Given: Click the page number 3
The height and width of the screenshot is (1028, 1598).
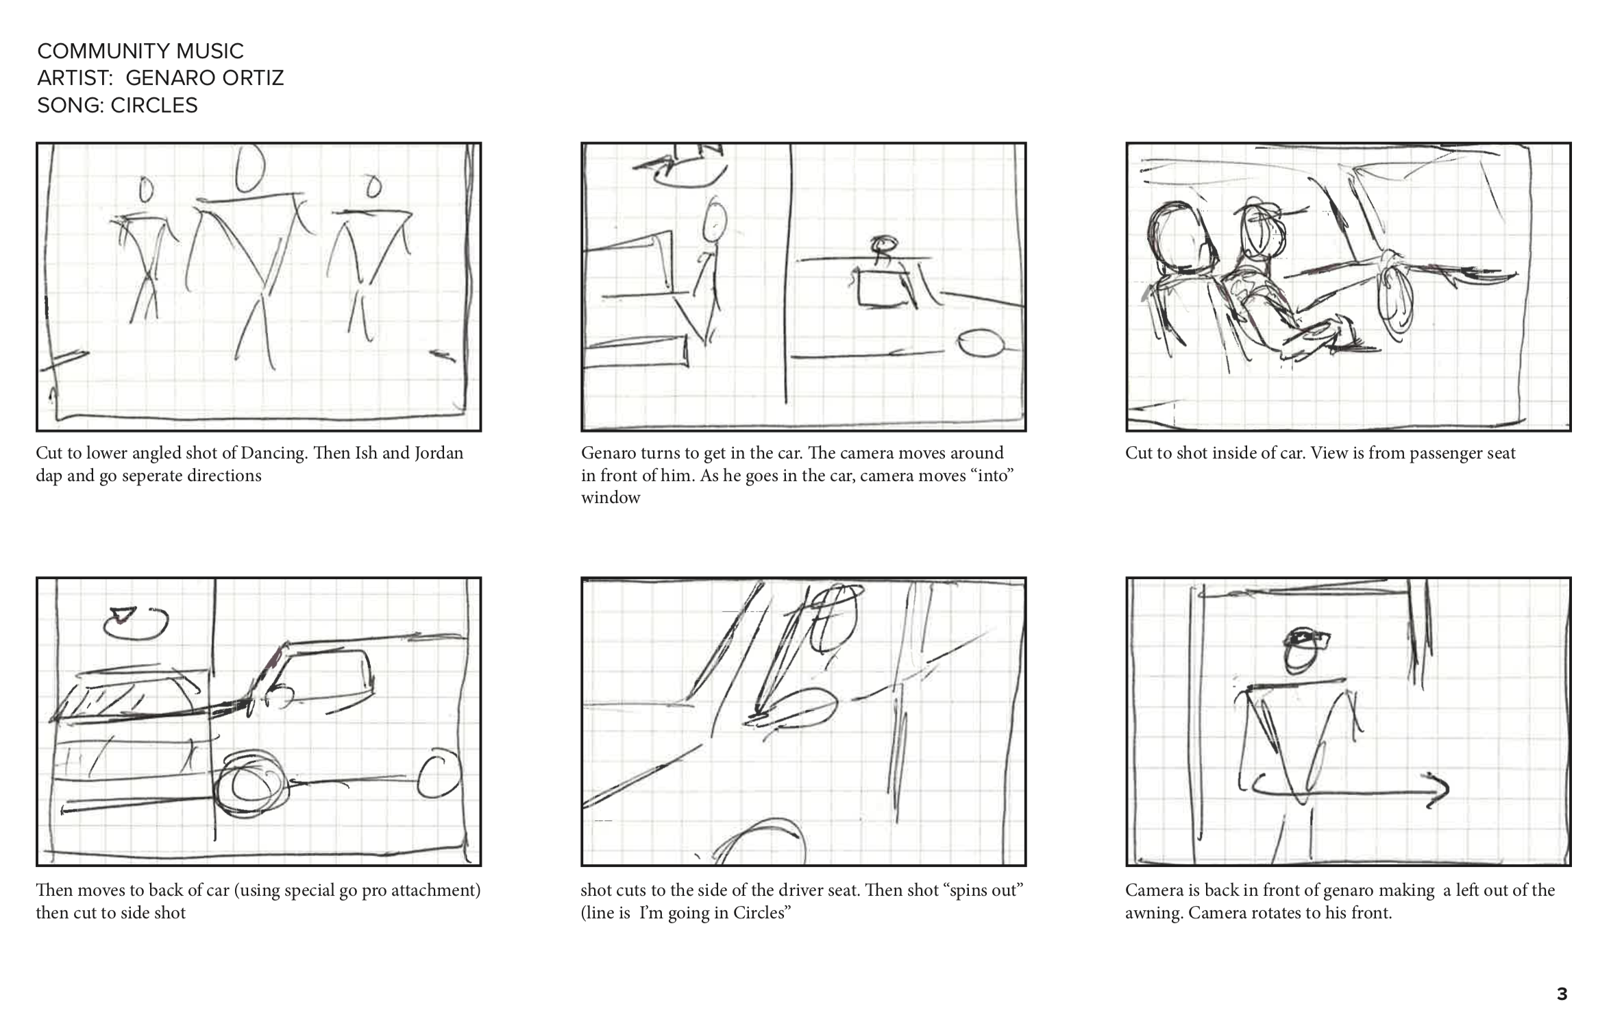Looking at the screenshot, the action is tap(1562, 994).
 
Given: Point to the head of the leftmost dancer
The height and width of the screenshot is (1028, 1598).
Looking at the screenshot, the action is tap(145, 189).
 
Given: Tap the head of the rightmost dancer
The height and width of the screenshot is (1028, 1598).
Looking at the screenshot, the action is tap(373, 186).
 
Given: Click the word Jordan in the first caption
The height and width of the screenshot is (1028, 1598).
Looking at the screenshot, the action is tap(439, 453).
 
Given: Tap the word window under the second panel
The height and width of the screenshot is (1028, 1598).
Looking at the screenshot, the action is tap(611, 498).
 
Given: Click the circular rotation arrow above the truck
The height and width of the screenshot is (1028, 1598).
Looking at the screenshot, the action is tap(136, 622).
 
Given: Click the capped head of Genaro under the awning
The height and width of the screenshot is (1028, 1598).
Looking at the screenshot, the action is tap(1304, 649).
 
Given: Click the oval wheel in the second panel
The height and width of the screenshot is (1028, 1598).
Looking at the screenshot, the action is tap(981, 343).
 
